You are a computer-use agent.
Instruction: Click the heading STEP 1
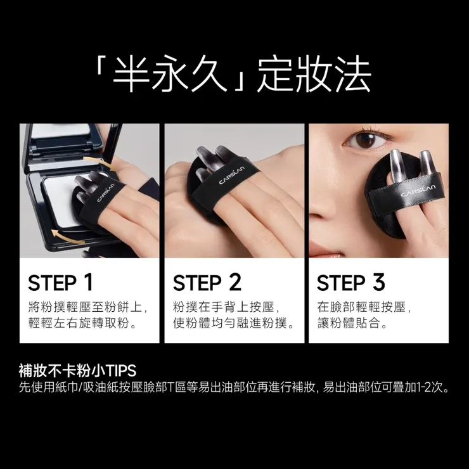[61, 282]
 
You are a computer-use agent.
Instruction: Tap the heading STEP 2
[207, 282]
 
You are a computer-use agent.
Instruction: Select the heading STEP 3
[351, 282]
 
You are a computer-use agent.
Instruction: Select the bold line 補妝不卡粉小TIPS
[78, 370]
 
